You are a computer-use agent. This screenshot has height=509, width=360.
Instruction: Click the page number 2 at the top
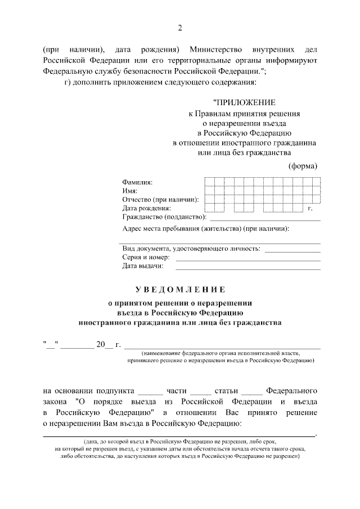(x=180, y=28)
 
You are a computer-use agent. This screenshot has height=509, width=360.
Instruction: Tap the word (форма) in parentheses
(x=303, y=165)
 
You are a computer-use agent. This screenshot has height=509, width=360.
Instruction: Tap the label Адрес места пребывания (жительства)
(x=206, y=229)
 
